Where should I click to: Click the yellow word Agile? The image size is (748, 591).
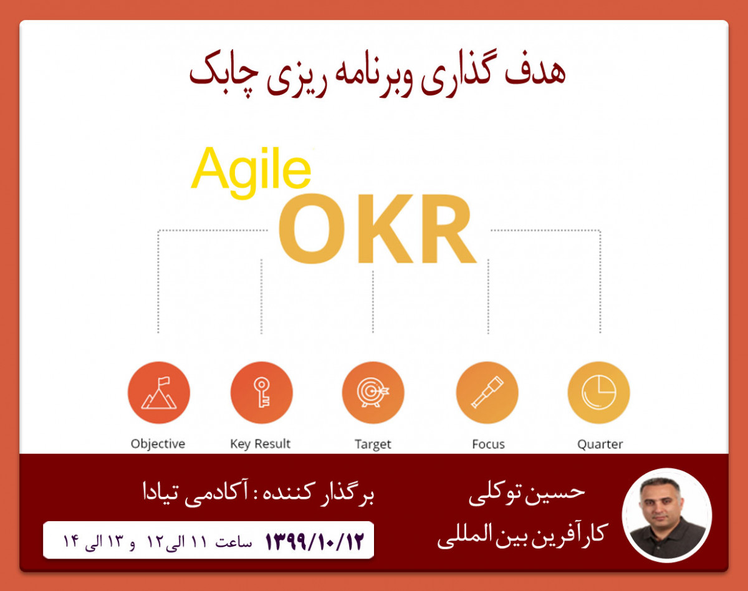(x=251, y=170)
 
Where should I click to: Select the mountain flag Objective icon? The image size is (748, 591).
(x=159, y=393)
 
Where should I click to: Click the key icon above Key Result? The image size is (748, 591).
(x=261, y=393)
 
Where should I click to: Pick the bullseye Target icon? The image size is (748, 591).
(x=373, y=393)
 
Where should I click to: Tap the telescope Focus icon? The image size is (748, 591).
(x=487, y=393)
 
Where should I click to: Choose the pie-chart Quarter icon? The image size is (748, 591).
(x=598, y=393)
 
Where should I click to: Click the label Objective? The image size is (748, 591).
(x=158, y=444)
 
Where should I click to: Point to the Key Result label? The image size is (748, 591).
(x=261, y=444)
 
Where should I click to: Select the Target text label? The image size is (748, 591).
(x=373, y=444)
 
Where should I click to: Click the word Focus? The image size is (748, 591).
(x=488, y=444)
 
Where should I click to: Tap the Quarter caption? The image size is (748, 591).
(x=600, y=444)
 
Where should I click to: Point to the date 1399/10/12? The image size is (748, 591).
(x=314, y=540)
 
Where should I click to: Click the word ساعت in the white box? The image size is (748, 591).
(x=233, y=542)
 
